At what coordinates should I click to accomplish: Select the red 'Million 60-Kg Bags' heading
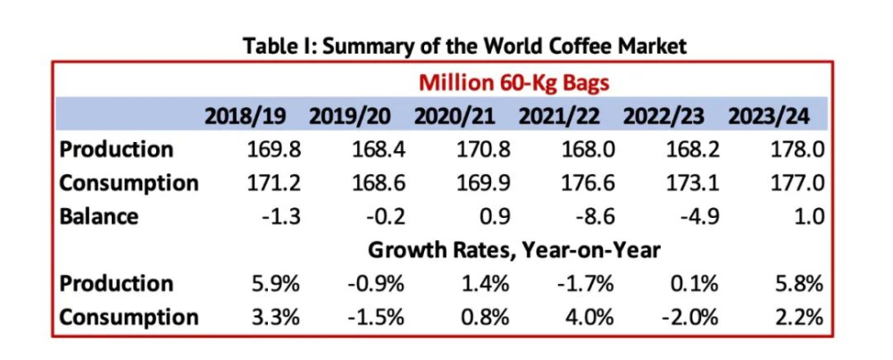click(514, 83)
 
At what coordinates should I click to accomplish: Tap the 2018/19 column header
click(246, 116)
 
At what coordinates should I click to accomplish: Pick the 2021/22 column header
click(559, 116)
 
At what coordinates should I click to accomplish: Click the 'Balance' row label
click(98, 216)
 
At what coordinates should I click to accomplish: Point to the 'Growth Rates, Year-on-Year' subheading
click(513, 251)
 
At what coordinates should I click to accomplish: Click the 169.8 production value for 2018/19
click(274, 150)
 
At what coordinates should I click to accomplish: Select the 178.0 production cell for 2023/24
click(797, 150)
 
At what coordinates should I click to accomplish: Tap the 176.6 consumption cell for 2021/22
click(588, 183)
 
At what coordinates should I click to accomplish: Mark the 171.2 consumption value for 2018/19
click(274, 183)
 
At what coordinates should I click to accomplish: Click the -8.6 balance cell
click(594, 217)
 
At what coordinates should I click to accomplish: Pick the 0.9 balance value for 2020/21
click(495, 217)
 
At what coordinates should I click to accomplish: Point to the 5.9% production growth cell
click(277, 284)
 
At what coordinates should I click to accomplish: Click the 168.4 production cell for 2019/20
click(379, 150)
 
